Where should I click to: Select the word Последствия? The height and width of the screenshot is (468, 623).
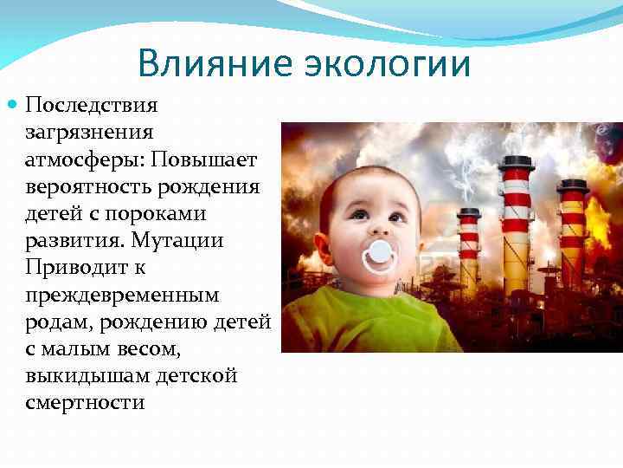[x=92, y=106]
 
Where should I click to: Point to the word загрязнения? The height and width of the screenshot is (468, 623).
[x=89, y=133]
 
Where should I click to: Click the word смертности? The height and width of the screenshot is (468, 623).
[x=85, y=403]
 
